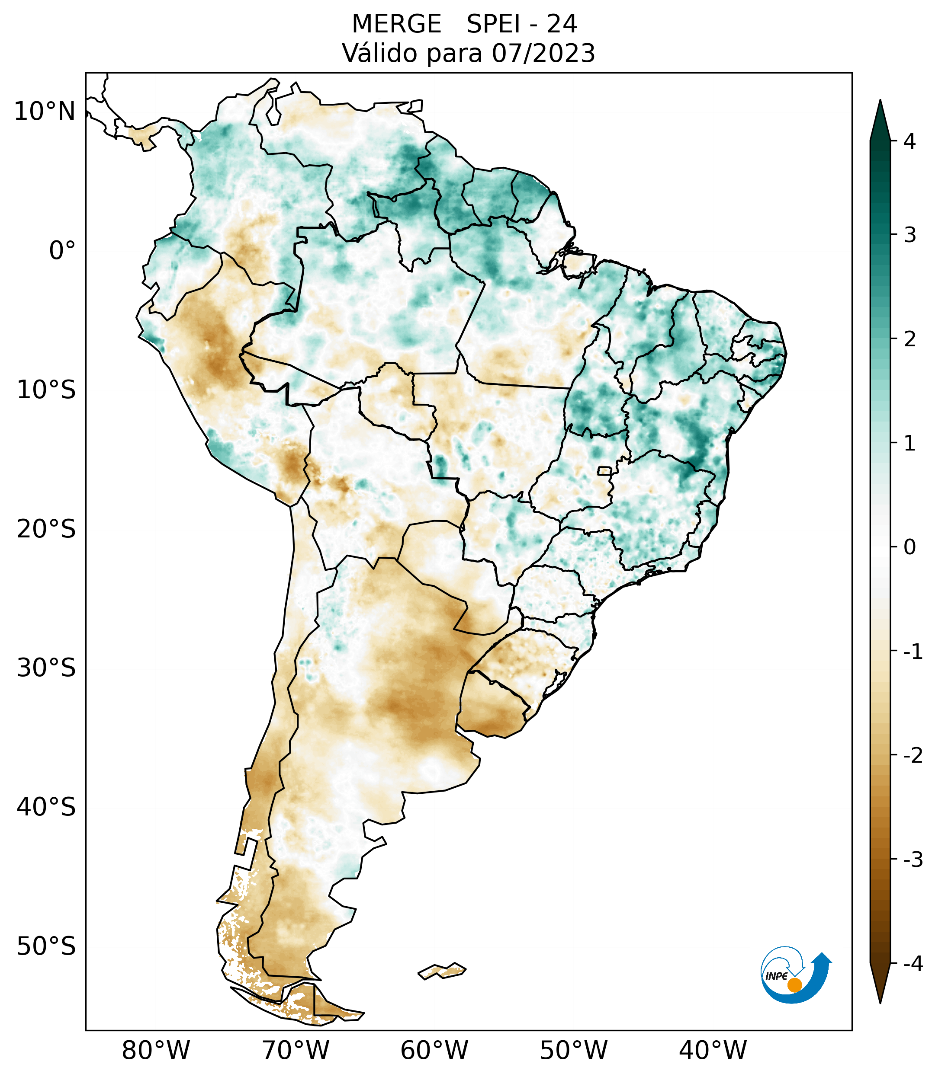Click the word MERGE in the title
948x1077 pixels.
(396, 24)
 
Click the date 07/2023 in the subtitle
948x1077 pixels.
(543, 54)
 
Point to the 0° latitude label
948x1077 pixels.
(62, 251)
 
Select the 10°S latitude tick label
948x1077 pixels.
(46, 390)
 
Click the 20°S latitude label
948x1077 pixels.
(46, 530)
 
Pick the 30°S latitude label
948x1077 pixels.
(46, 669)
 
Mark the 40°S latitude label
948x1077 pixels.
(46, 808)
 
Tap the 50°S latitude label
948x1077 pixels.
(46, 947)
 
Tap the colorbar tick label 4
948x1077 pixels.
(909, 141)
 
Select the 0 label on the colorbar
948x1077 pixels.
(909, 547)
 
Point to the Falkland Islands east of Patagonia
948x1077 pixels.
(442, 971)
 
